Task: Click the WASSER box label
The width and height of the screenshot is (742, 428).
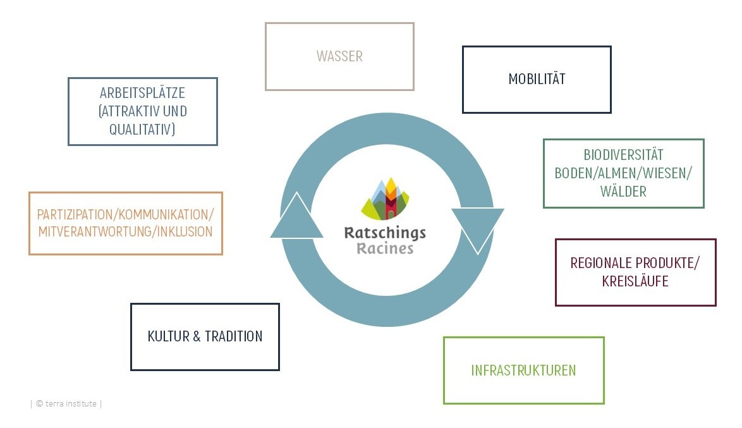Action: coord(339,56)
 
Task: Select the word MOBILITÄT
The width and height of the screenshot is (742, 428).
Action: coord(537,79)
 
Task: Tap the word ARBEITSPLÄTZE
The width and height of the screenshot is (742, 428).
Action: coord(142,93)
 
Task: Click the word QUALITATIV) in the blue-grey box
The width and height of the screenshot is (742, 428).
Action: coord(142,129)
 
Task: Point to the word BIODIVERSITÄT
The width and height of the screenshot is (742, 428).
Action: coord(623,155)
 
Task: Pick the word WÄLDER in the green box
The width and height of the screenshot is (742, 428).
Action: coord(623,192)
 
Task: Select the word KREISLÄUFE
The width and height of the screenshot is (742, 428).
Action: coord(635,281)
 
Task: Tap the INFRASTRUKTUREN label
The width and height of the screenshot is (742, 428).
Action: coord(523,370)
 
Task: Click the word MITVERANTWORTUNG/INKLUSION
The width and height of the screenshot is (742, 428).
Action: coord(125,231)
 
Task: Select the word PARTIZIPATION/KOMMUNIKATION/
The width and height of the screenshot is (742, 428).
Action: coord(125,214)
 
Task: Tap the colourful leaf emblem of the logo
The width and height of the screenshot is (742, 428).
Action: coord(385,199)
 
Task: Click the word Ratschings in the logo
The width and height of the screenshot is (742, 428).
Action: coord(384,233)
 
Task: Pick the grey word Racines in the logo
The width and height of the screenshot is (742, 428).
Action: coord(384,248)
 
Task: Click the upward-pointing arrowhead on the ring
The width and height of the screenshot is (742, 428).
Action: coord(292,218)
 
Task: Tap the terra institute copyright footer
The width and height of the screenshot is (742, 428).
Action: coord(66,403)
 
